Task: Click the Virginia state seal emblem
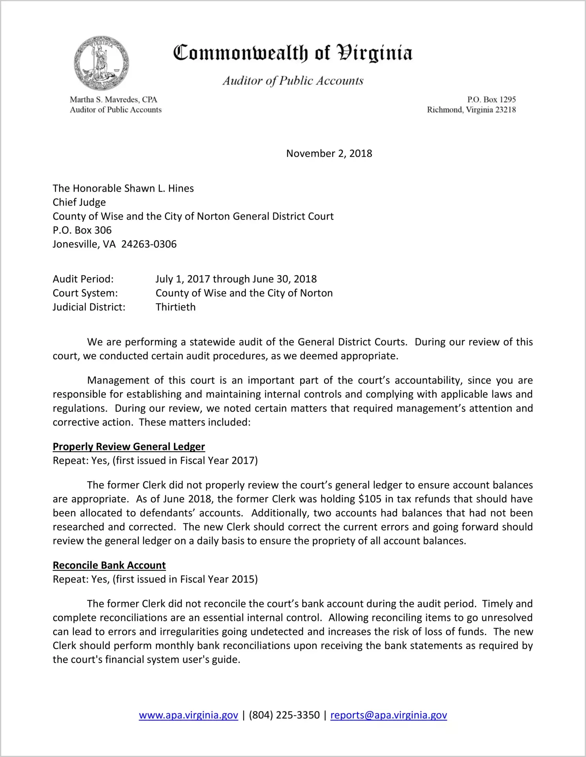coord(101,63)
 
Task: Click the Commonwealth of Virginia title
coord(293,53)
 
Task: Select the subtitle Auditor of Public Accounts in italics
coord(293,81)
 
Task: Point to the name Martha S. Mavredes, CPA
coord(113,100)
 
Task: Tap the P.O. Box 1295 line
coord(491,100)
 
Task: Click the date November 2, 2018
coord(329,153)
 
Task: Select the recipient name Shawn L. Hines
coord(159,189)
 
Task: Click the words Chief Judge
coord(79,202)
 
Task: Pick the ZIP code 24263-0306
coord(149,244)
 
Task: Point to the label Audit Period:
coord(83,279)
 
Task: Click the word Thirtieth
coord(175,307)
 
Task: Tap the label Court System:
coord(85,293)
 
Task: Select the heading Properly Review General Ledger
coord(129,447)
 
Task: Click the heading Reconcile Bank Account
coord(109,565)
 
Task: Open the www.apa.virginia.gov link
coord(188,715)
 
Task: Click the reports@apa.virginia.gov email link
coord(388,715)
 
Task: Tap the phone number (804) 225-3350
coord(284,715)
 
